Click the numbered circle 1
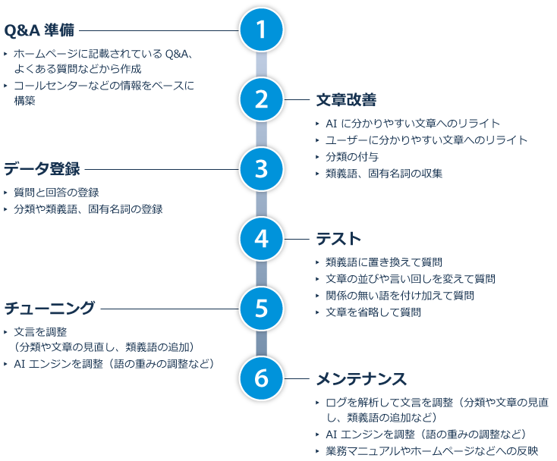coord(261,30)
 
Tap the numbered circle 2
coord(261,100)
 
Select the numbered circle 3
coord(261,169)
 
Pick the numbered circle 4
coord(261,239)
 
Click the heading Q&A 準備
coord(39,31)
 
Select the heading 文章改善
coord(346,101)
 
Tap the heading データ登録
coord(42,169)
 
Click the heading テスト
coord(338,239)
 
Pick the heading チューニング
coord(50,308)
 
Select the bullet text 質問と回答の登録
coord(55,193)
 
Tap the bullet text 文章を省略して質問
coord(373,312)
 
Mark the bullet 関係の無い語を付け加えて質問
coord(399,296)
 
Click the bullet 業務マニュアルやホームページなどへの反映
coord(431,451)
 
